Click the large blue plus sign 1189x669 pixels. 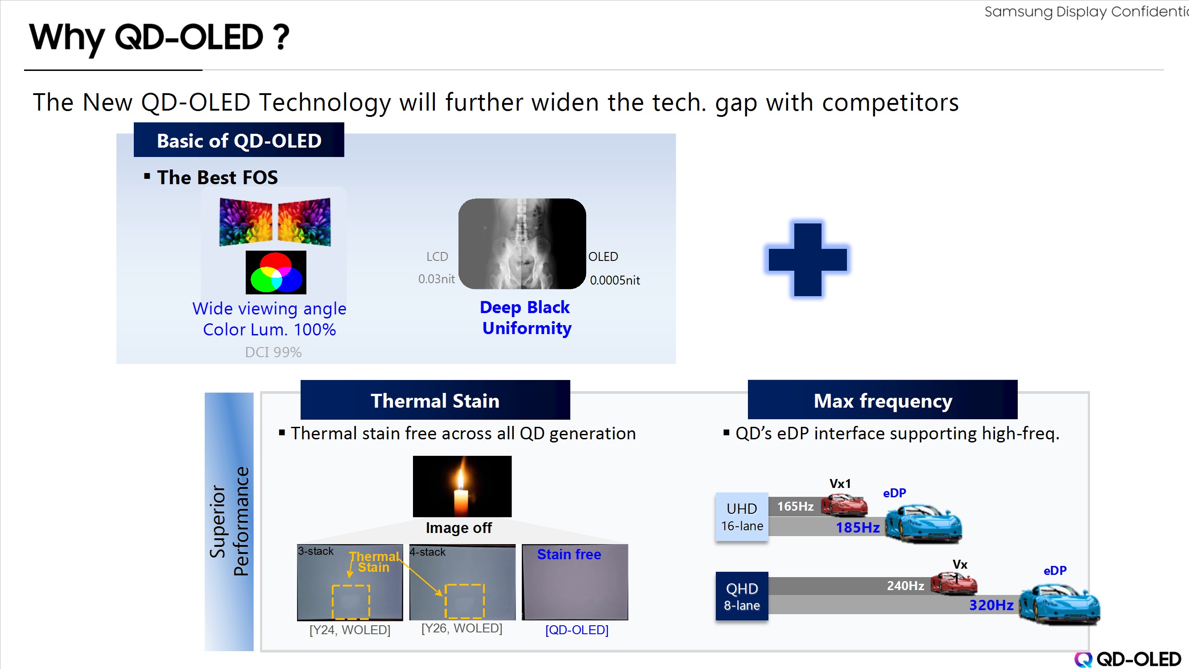tap(807, 259)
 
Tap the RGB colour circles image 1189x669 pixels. tap(276, 273)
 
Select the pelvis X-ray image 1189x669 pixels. tap(522, 244)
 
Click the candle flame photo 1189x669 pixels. tap(462, 486)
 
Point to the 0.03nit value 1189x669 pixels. tap(436, 279)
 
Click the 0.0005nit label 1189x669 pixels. tap(615, 280)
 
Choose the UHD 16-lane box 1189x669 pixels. tap(742, 516)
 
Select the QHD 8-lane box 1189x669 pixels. tap(742, 596)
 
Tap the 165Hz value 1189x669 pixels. tap(795, 507)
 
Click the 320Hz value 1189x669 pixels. tap(991, 605)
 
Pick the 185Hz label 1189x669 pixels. tap(858, 527)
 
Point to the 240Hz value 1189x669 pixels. tap(905, 586)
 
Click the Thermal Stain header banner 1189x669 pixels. tap(435, 400)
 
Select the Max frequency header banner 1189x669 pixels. tap(883, 400)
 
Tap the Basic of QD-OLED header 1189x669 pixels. tap(239, 140)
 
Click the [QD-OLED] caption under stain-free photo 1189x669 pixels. tap(577, 630)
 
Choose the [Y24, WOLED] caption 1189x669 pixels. tap(350, 630)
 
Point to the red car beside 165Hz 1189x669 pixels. tap(844, 504)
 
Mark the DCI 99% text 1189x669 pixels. tap(273, 352)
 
